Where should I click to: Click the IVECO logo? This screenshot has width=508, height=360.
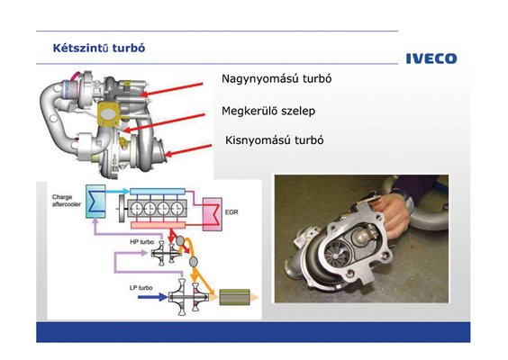point(431,58)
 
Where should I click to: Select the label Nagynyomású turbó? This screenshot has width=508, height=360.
point(277,79)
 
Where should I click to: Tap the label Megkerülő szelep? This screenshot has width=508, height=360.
point(268,111)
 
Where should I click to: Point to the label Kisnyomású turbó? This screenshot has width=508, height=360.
point(274,140)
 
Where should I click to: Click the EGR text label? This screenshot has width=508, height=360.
point(231,212)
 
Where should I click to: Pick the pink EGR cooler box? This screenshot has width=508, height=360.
point(213,214)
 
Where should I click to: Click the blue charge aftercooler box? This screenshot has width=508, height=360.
point(95,201)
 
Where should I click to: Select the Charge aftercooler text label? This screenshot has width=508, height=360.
point(67,201)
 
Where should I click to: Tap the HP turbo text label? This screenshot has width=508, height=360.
point(141,242)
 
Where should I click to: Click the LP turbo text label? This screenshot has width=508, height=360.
point(141,288)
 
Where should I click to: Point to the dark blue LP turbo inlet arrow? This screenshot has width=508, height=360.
point(152,296)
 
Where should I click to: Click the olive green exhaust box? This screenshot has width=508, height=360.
point(234,297)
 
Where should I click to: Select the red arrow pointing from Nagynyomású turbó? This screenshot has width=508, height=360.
point(172,90)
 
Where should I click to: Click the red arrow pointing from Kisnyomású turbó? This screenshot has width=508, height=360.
point(188,150)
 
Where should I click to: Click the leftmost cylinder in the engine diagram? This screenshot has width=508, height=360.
point(137,209)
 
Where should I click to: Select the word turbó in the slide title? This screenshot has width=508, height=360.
point(129,49)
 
